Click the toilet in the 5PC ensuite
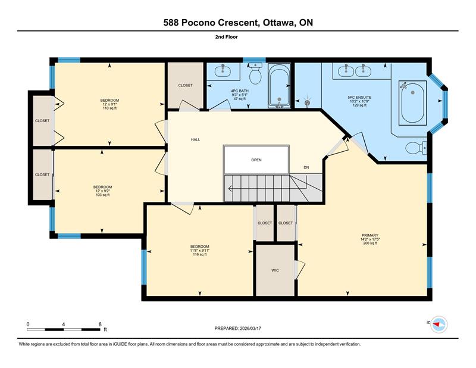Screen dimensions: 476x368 pos(416,148)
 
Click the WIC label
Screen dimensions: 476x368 pos(275,270)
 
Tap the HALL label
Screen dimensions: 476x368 pos(196,139)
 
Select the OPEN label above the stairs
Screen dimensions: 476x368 pos(256,160)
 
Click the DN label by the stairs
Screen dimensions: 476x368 pos(306,167)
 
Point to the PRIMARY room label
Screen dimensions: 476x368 pos(370,235)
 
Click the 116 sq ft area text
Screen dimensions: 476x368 pos(200,254)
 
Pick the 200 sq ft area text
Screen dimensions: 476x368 pos(370,243)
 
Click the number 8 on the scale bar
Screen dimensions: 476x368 pos(100,325)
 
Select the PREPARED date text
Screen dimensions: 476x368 pos(237,329)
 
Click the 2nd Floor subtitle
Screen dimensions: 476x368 pos(227,37)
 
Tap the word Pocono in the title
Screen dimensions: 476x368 pos(198,23)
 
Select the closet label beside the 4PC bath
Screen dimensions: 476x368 pos(185,85)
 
